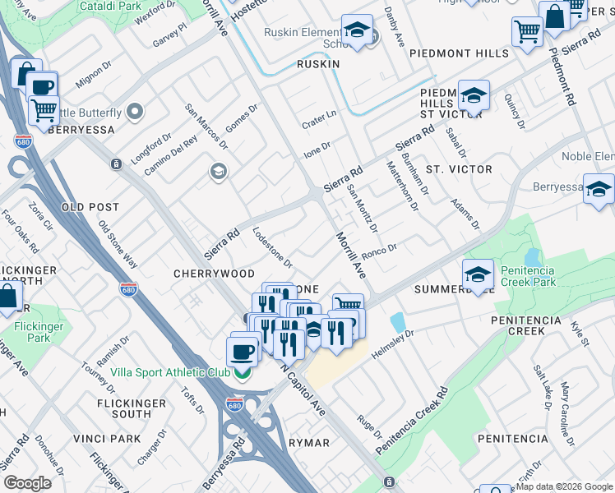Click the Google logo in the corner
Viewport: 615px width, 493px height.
pyautogui.click(x=27, y=483)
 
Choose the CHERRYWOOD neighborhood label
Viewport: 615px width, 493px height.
pyautogui.click(x=214, y=273)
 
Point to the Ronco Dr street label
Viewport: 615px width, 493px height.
pyautogui.click(x=379, y=248)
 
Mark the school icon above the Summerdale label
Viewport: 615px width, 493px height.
pyautogui.click(x=477, y=275)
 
